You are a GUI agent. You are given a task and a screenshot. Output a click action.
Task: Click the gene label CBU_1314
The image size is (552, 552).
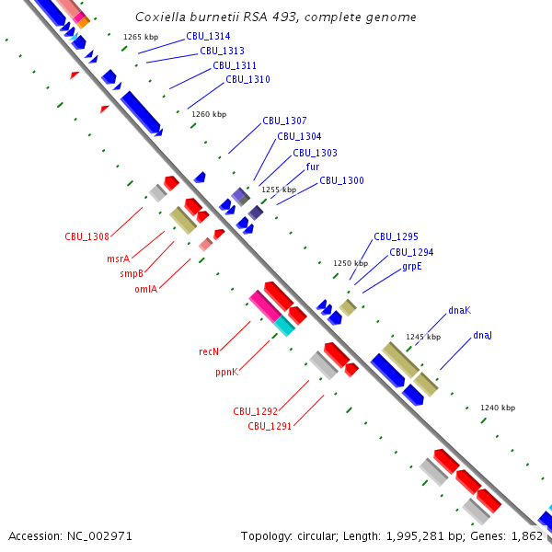click(x=208, y=36)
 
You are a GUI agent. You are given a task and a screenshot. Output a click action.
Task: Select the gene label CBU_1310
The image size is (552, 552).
click(x=247, y=79)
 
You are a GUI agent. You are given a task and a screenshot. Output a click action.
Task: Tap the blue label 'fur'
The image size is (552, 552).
click(x=313, y=167)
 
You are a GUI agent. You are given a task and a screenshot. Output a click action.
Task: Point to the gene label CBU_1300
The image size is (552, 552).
click(x=341, y=180)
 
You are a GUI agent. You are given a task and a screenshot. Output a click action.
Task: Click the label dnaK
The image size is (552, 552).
click(x=459, y=310)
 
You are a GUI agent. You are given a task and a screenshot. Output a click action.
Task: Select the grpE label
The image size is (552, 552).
click(x=411, y=266)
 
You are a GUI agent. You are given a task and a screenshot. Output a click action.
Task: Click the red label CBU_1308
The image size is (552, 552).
click(x=86, y=236)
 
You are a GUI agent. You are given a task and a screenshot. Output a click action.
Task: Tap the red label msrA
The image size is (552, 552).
click(x=118, y=259)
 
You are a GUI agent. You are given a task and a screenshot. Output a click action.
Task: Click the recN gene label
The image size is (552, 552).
click(x=209, y=351)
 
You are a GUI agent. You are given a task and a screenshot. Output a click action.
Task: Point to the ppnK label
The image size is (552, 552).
click(x=227, y=372)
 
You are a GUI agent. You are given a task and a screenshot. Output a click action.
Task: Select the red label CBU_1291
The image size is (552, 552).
click(x=270, y=426)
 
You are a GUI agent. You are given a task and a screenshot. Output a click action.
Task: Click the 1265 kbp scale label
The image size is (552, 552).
click(x=141, y=36)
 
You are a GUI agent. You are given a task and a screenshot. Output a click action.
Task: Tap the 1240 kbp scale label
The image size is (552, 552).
click(x=498, y=408)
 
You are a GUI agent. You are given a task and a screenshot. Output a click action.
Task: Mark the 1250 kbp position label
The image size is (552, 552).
click(x=351, y=262)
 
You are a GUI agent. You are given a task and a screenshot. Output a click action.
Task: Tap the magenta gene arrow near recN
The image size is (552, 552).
click(x=265, y=305)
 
